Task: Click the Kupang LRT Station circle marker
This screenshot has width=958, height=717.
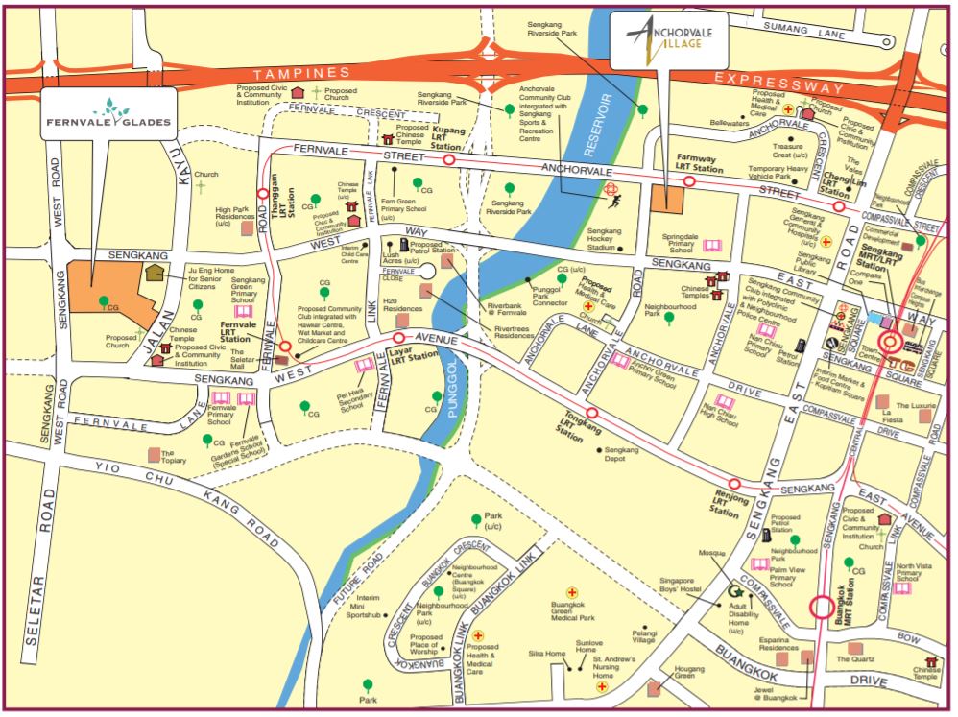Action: pos(449,160)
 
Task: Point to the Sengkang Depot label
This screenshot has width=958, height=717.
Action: pos(622,455)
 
